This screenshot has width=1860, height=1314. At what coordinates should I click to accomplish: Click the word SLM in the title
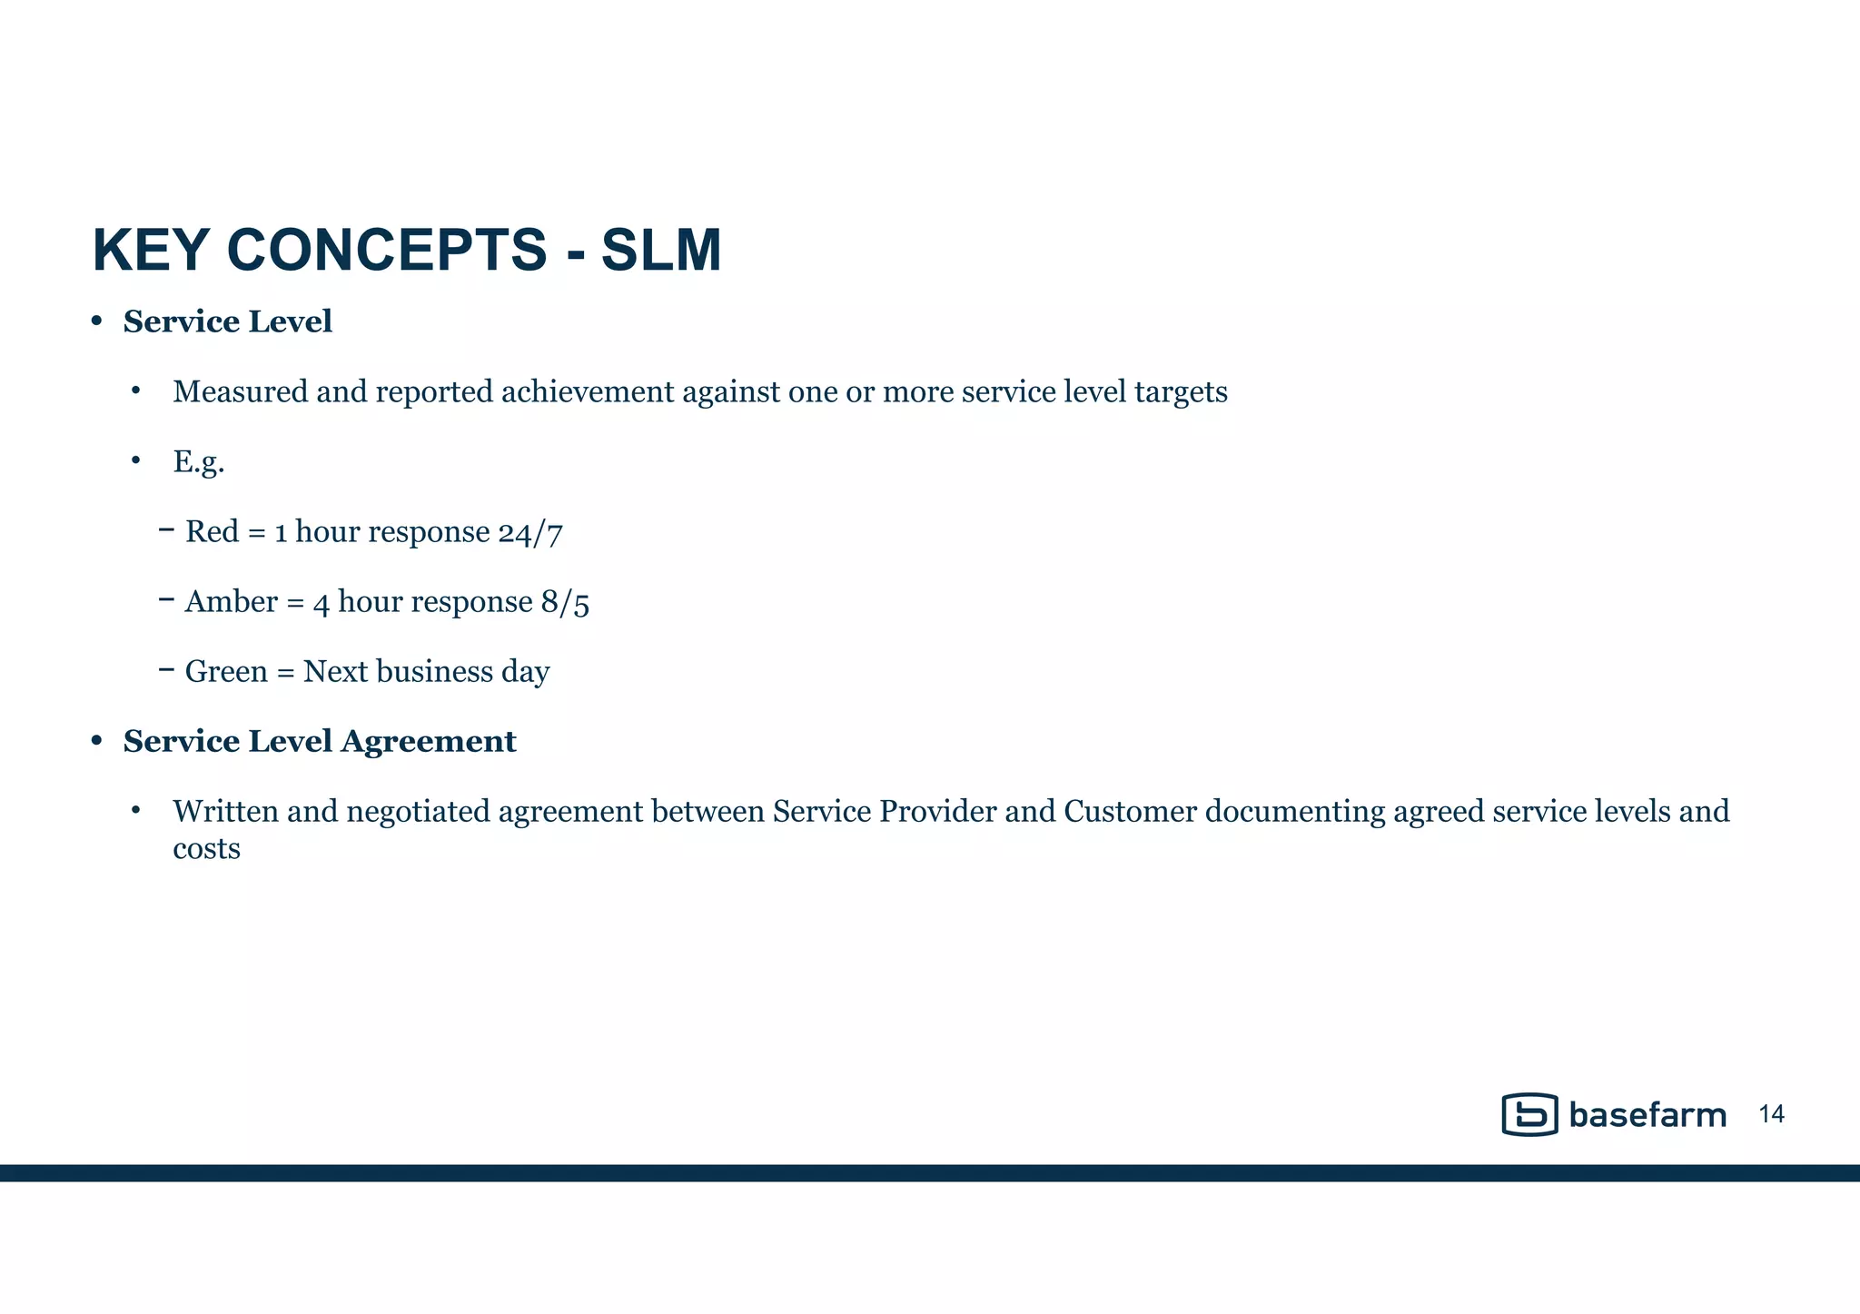(661, 251)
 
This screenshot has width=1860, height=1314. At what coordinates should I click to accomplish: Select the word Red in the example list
(213, 532)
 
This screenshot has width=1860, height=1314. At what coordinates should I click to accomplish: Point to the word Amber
(232, 602)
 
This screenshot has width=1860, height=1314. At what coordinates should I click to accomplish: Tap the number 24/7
(530, 533)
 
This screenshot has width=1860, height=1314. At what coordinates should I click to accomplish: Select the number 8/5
(565, 603)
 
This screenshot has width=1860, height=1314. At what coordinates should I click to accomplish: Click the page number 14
(1771, 1115)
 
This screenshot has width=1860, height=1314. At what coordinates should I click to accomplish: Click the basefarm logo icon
(1530, 1114)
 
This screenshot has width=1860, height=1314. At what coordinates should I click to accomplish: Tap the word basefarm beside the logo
(1647, 1115)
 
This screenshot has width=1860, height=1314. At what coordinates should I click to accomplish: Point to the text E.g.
(199, 462)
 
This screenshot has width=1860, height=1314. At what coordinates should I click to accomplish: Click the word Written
(225, 811)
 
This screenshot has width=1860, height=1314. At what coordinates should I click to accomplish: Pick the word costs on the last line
(207, 849)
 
